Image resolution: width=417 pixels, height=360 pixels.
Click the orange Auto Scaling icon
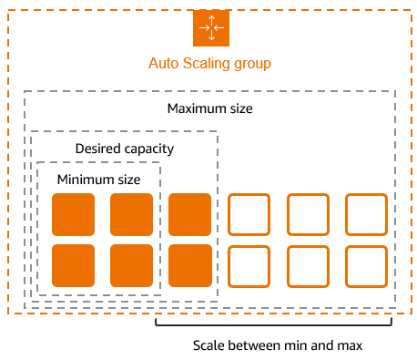pos(210,28)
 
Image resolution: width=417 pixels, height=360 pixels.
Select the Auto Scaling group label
pos(210,65)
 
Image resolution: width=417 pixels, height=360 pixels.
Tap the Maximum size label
pos(210,109)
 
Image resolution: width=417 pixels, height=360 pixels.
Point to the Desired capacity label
pos(124,149)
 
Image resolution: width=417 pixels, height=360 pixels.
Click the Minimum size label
pos(98,180)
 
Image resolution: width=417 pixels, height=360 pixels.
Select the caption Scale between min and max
pos(278,345)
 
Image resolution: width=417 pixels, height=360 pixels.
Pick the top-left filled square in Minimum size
pos(73,215)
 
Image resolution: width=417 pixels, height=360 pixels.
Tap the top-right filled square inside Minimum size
pos(131,215)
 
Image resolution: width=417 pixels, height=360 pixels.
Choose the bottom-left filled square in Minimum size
pos(73,265)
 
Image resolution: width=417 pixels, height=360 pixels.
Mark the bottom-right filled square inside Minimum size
pos(131,265)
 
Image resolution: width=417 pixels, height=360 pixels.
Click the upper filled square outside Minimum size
pos(189,215)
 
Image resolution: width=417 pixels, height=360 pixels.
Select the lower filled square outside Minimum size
pos(189,265)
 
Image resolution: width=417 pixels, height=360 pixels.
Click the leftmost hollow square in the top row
pos(249,215)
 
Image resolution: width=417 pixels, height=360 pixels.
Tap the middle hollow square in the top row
pos(308,215)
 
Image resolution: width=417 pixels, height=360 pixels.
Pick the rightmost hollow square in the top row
pos(366,215)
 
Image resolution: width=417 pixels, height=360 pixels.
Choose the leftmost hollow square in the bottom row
pos(249,265)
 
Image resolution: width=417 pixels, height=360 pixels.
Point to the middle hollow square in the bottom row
pos(308,265)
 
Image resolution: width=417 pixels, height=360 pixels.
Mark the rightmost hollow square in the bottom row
pos(366,265)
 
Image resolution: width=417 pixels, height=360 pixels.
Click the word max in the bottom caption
pos(350,345)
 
